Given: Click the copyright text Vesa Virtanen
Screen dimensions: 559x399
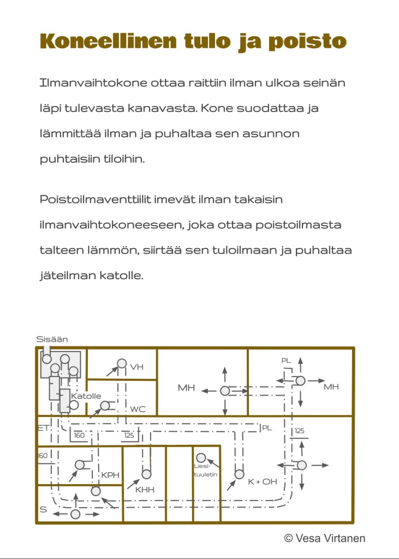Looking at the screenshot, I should (x=331, y=538).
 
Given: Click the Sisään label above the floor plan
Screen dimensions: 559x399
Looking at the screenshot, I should (x=52, y=339).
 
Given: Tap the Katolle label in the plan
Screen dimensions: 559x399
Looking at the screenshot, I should (x=86, y=396).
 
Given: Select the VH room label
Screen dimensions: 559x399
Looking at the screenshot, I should (x=136, y=367).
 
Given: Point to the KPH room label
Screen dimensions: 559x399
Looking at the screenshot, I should (x=110, y=475).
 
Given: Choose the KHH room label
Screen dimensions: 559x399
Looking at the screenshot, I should (x=145, y=490).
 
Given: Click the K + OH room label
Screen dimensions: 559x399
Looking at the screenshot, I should (x=263, y=481).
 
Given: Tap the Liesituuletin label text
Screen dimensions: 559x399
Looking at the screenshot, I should (x=206, y=470).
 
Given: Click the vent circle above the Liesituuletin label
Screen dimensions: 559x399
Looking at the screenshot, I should (x=201, y=457).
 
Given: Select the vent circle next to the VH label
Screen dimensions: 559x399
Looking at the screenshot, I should (x=122, y=364).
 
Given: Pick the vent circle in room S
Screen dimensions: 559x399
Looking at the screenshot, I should (x=75, y=514).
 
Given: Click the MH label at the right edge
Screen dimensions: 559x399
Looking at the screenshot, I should (x=331, y=387).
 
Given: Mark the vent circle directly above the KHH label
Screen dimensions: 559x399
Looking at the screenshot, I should (x=146, y=474).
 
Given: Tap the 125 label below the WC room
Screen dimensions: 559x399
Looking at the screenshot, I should (x=129, y=436).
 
